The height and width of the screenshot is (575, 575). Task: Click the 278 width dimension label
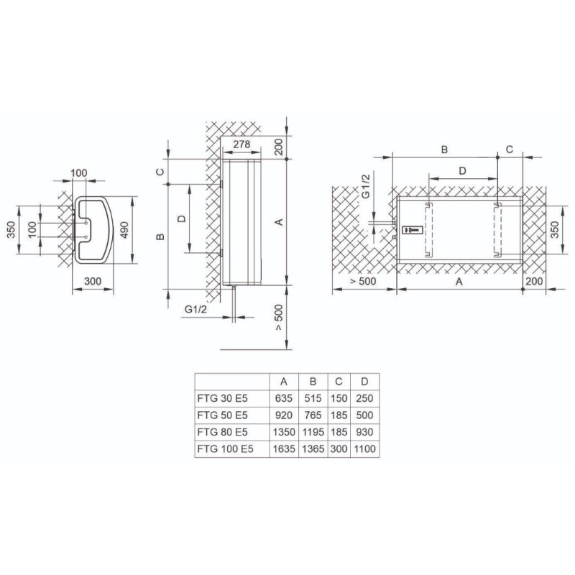(241, 144)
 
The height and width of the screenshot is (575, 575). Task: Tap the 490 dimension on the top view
(124, 230)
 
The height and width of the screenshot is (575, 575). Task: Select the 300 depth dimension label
(93, 281)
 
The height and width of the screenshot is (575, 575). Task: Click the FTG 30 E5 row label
(223, 398)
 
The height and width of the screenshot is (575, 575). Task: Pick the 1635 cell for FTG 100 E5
(284, 448)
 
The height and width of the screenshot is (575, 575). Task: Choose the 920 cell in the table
(284, 415)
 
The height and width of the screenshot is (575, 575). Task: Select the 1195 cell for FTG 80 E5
(313, 432)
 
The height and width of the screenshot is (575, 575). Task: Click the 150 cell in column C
(339, 398)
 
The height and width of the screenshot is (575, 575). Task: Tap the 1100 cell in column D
(365, 448)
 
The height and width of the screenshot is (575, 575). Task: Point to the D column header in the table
(364, 382)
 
